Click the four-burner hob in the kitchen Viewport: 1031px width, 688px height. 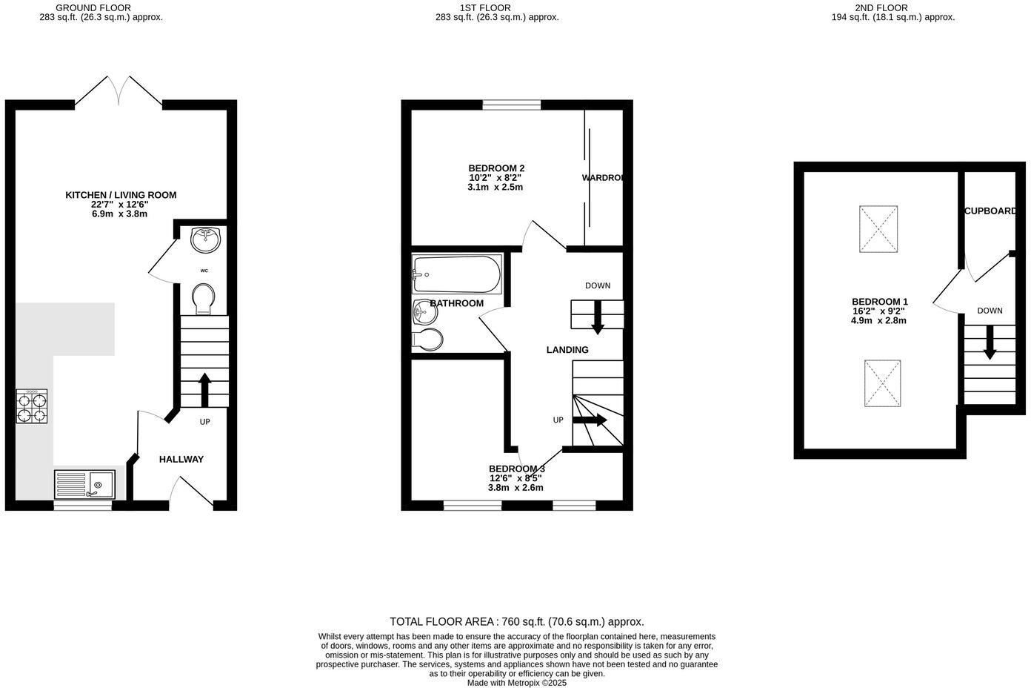pos(32,406)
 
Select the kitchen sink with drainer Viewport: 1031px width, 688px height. pos(84,484)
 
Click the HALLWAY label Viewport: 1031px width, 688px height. pos(181,460)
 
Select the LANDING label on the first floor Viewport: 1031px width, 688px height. pos(567,350)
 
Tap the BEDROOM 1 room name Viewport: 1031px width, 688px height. pos(879,302)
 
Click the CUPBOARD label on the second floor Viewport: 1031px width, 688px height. pos(990,211)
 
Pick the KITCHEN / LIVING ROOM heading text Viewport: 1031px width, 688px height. pos(121,195)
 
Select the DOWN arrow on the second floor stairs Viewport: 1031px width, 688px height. pos(990,345)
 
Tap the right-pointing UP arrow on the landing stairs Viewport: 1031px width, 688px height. pos(590,420)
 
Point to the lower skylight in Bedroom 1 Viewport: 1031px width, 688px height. pos(882,383)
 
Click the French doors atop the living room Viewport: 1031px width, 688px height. pos(119,90)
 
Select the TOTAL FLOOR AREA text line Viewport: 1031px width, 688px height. pos(516,622)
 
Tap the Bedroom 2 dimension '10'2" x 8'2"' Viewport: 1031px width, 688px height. pos(495,178)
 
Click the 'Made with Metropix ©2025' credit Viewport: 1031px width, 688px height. pos(516,683)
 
